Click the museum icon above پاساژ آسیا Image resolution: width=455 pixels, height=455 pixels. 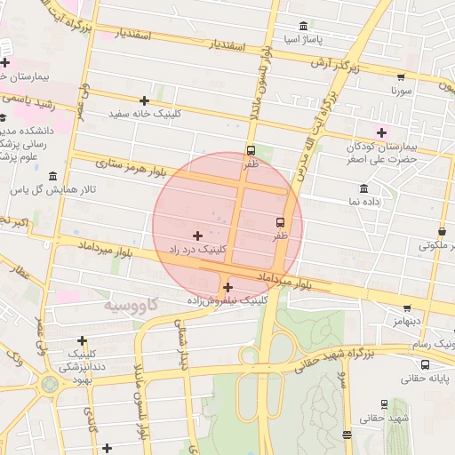click(304, 26)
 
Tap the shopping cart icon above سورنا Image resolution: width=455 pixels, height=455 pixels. click(401, 76)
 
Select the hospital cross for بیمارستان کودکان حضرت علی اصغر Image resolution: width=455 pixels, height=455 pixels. click(383, 132)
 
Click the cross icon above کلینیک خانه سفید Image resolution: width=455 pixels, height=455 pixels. click(144, 100)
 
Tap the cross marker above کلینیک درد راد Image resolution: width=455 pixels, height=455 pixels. click(197, 235)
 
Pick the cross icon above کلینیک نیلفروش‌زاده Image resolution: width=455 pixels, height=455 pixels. click(228, 287)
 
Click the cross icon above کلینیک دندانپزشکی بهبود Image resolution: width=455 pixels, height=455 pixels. click(83, 339)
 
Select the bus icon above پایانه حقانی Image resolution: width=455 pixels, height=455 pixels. click(425, 364)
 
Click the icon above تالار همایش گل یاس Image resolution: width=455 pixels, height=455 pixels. click(54, 176)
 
